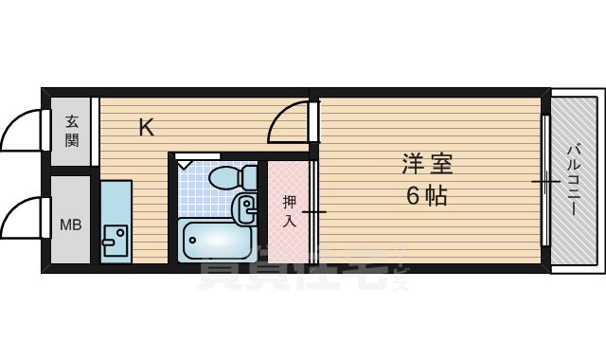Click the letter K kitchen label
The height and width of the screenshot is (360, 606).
(146, 126)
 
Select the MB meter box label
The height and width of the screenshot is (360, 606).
(70, 225)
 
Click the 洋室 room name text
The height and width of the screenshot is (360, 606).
(427, 164)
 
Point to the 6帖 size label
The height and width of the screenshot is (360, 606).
(427, 197)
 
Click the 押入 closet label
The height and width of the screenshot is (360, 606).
(290, 211)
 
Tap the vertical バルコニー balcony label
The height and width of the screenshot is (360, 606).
(575, 179)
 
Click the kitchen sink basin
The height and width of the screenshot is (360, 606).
(116, 241)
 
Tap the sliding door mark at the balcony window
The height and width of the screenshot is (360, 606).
(544, 180)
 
